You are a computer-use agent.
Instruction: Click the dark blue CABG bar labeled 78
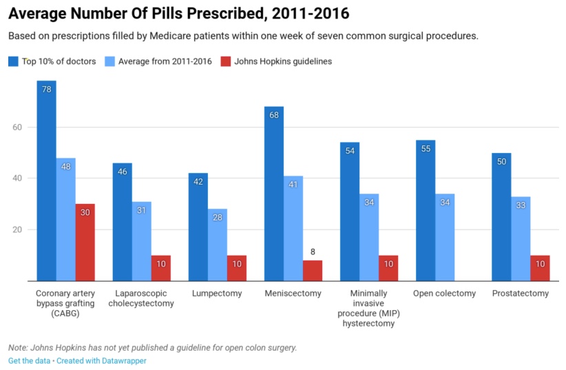click(47, 181)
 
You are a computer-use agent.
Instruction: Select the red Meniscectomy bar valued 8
click(313, 270)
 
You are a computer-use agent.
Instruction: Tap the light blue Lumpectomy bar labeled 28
click(218, 245)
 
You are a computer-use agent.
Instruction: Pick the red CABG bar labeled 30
click(85, 242)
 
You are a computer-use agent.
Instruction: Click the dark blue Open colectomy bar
click(426, 210)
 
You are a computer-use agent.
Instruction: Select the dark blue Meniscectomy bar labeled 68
click(274, 194)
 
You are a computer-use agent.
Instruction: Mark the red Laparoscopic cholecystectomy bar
click(161, 268)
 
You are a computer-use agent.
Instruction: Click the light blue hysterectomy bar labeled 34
click(369, 237)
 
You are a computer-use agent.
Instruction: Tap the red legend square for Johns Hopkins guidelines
click(225, 61)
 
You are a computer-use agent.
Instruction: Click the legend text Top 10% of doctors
click(59, 61)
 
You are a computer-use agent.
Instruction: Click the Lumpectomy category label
click(218, 294)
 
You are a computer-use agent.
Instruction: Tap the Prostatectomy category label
click(521, 294)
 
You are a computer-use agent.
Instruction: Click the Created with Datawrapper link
click(101, 360)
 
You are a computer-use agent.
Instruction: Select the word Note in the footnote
click(18, 347)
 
